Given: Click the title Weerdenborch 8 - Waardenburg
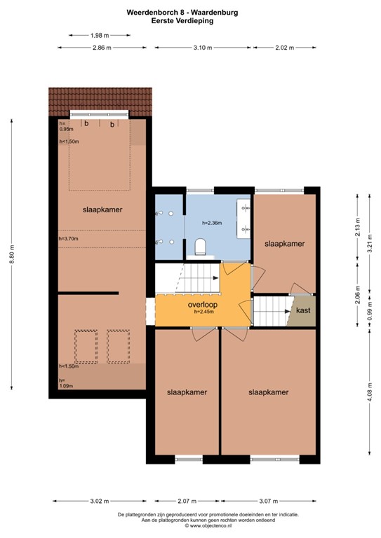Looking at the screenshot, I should [x=191, y=13].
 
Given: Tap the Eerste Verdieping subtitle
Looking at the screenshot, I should [x=191, y=21].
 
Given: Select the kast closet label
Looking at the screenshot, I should [x=303, y=310].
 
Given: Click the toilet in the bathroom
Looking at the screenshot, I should [x=200, y=245].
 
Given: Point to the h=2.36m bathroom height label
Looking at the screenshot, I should [x=212, y=223].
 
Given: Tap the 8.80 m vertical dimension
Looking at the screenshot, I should [x=11, y=257].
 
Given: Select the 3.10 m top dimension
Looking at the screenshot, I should [x=202, y=48].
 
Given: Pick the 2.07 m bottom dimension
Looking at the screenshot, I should [x=186, y=501].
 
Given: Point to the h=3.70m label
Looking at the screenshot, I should [x=69, y=239].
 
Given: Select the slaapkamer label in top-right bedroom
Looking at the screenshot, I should [x=284, y=244].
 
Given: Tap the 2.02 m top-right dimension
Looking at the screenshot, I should [x=284, y=48].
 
